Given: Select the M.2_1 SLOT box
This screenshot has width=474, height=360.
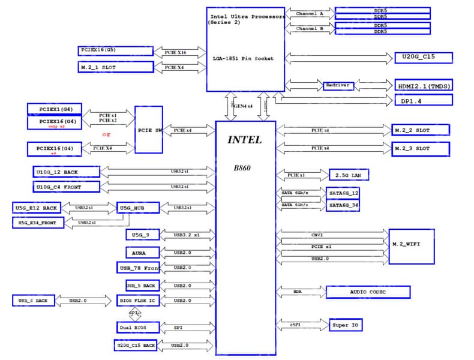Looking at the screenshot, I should (x=115, y=67).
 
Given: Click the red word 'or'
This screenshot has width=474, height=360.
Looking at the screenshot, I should (x=106, y=134).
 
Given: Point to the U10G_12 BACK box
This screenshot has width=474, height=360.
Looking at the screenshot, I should (x=66, y=172).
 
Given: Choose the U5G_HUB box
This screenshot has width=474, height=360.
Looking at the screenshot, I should (x=138, y=208).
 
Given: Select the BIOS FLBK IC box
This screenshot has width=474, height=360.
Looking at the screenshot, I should (x=139, y=300).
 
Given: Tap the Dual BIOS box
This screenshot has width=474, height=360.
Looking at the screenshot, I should (x=139, y=328).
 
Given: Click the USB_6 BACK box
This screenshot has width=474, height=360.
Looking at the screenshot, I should (x=34, y=300).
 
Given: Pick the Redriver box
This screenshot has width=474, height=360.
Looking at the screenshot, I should (x=338, y=86).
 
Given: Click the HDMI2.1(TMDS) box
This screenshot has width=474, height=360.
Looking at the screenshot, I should (x=423, y=85).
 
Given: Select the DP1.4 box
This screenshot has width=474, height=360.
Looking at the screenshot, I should (x=423, y=101).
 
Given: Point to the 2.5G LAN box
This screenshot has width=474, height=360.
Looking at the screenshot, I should (x=348, y=175).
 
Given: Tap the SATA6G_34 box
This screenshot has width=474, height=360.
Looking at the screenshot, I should (x=343, y=205).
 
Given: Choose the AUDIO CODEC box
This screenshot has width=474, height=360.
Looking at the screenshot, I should (x=368, y=292).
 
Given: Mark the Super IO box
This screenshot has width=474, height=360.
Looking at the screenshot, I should (x=346, y=325).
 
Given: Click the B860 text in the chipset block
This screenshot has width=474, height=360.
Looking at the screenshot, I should (x=243, y=168).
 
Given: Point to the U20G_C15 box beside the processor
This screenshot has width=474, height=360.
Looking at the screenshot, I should (x=423, y=58).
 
